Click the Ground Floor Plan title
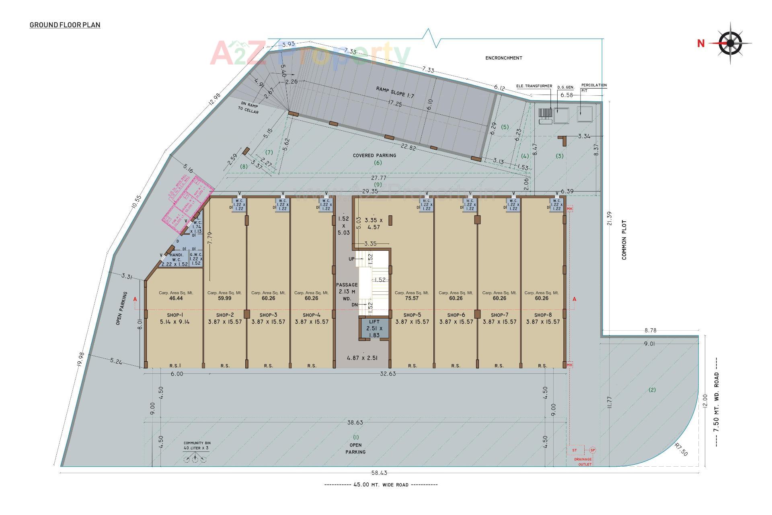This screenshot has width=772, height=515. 65,25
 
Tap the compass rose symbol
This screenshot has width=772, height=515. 730,43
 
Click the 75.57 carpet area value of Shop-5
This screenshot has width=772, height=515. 412,298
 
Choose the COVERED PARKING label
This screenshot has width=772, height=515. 374,155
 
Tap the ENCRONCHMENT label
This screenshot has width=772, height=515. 503,58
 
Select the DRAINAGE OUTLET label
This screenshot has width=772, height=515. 583,461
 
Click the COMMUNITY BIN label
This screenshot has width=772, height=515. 197,443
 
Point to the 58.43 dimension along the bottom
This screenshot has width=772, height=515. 380,473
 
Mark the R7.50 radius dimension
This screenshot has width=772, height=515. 681,449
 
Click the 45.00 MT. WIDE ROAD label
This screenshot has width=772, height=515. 381,485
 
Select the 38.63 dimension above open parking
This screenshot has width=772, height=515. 355,422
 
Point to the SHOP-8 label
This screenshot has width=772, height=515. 543,315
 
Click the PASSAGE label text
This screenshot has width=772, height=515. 347,285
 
